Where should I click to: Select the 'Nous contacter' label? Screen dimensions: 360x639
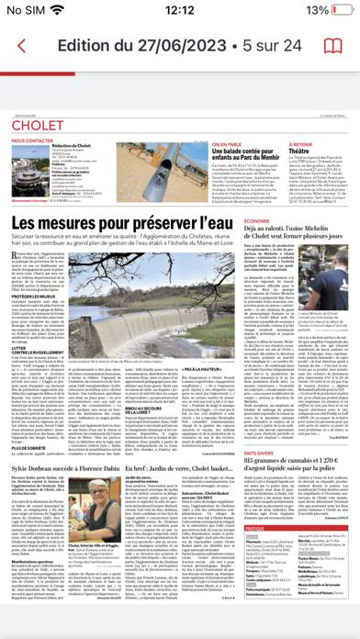coord(32,141)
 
